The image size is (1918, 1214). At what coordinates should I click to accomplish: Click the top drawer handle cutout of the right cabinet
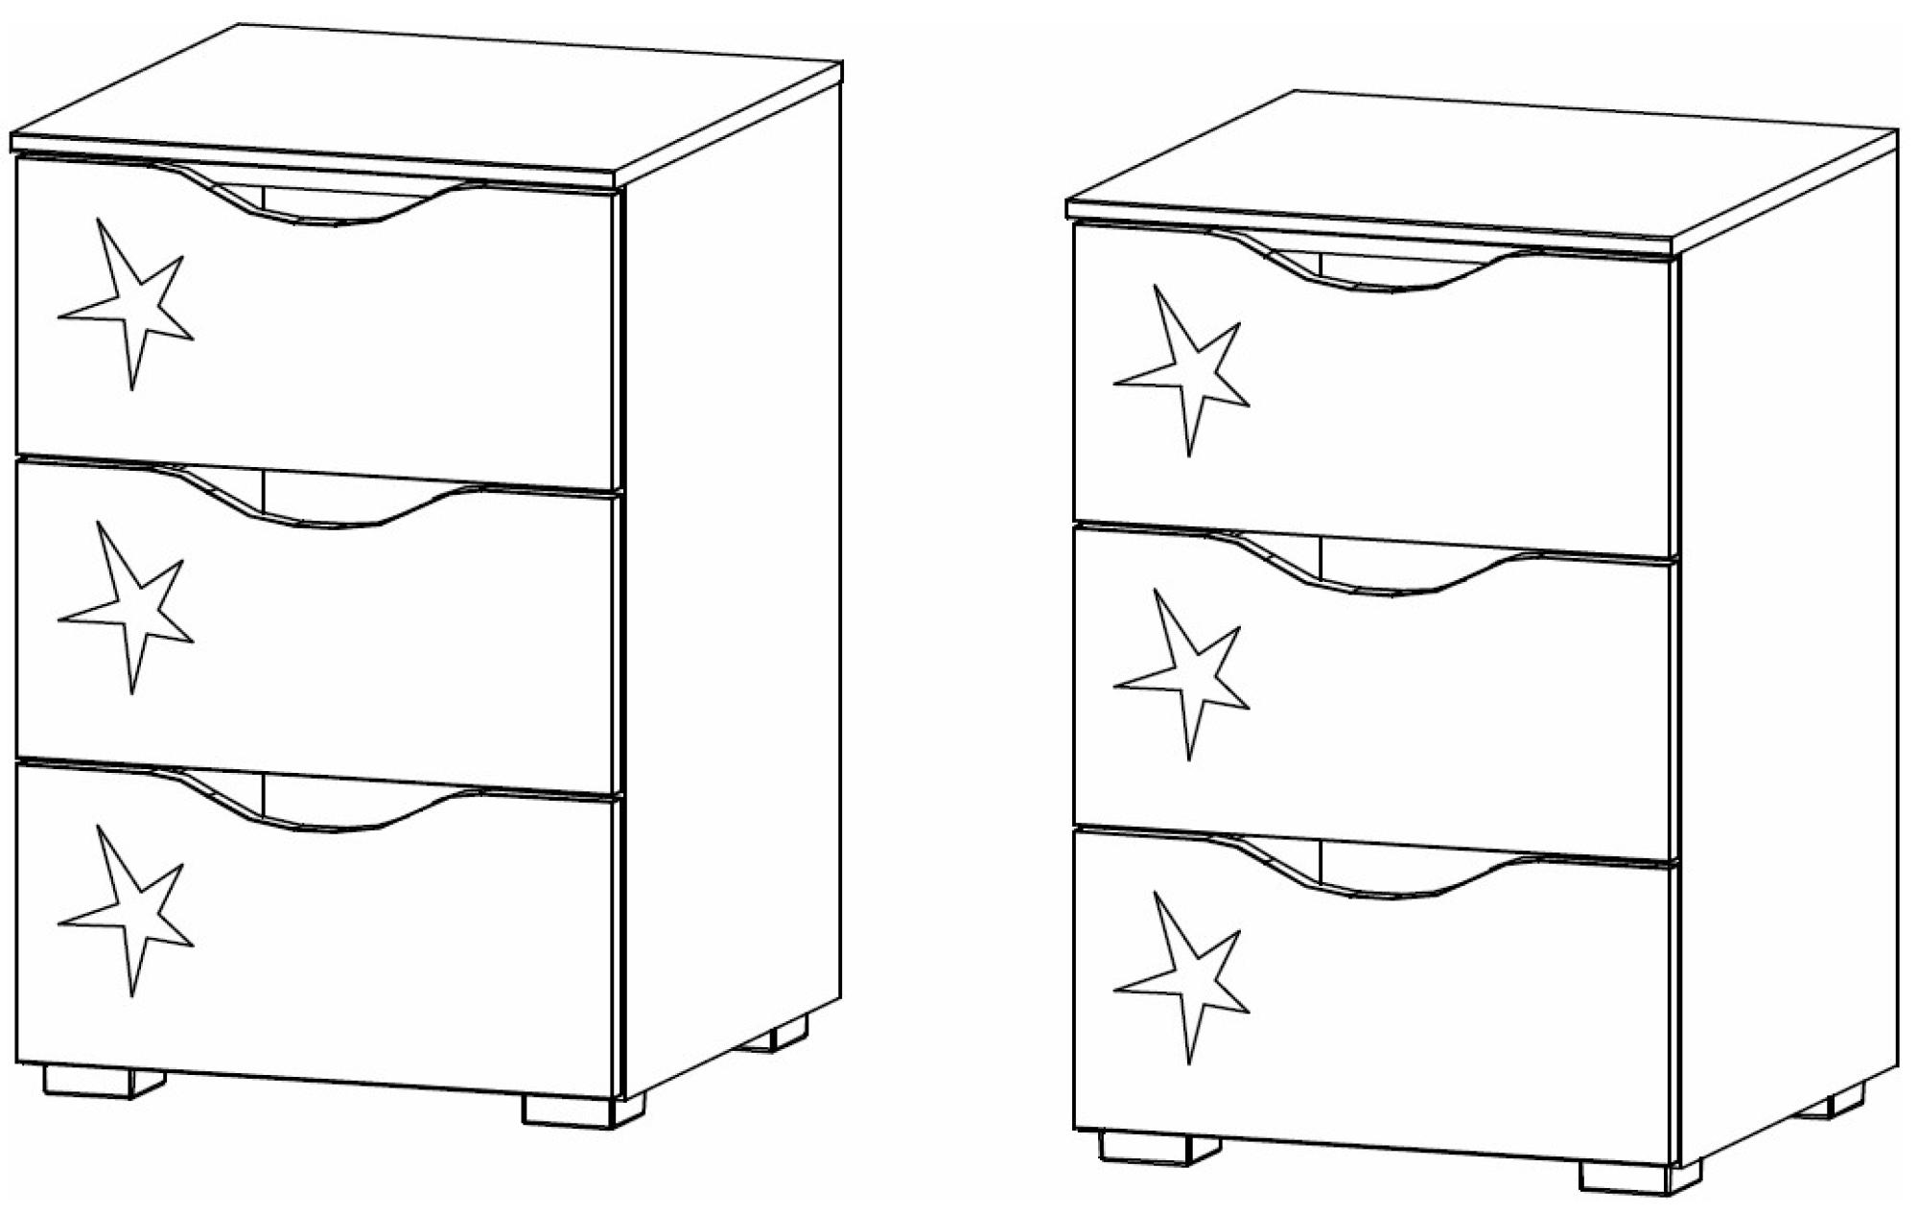click(x=1381, y=268)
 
